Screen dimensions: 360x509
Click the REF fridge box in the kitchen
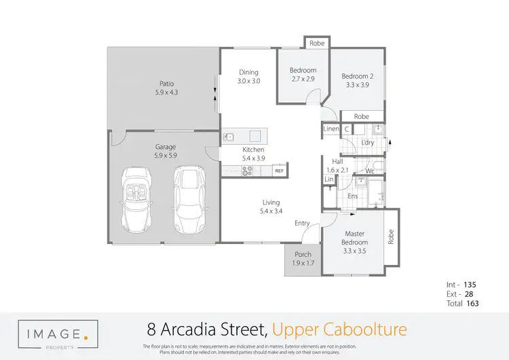coord(278,171)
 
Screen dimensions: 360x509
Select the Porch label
coord(303,255)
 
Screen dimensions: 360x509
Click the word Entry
coord(302,223)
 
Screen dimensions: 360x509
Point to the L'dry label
coord(369,142)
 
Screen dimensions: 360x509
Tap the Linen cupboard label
coord(331,128)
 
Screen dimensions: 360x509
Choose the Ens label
coord(353,196)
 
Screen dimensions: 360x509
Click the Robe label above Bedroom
coord(316,43)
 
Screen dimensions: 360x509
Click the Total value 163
coord(472,304)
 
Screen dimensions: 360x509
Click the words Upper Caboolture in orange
coord(339,330)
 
